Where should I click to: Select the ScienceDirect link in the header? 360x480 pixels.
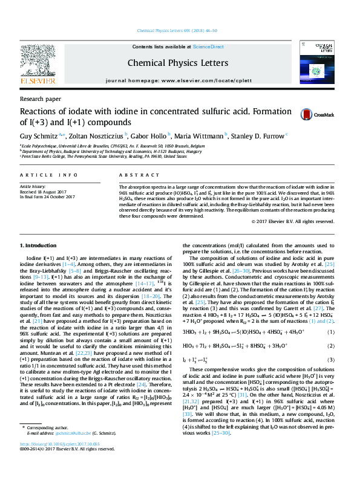(208, 47)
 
